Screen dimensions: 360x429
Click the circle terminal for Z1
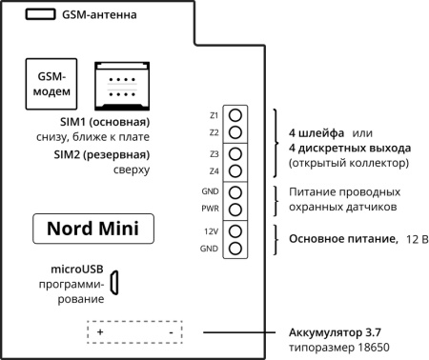click(235, 114)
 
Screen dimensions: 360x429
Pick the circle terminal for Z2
click(235, 131)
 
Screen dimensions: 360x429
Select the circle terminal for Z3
click(235, 153)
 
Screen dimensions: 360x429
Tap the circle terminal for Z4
click(235, 170)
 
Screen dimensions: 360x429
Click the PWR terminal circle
click(235, 209)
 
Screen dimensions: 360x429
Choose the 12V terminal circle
click(235, 231)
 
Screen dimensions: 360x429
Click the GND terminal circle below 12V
click(235, 249)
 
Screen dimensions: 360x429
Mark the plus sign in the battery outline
click(100, 333)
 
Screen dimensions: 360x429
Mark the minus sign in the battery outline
click(169, 333)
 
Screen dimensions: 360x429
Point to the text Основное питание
click(337, 236)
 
